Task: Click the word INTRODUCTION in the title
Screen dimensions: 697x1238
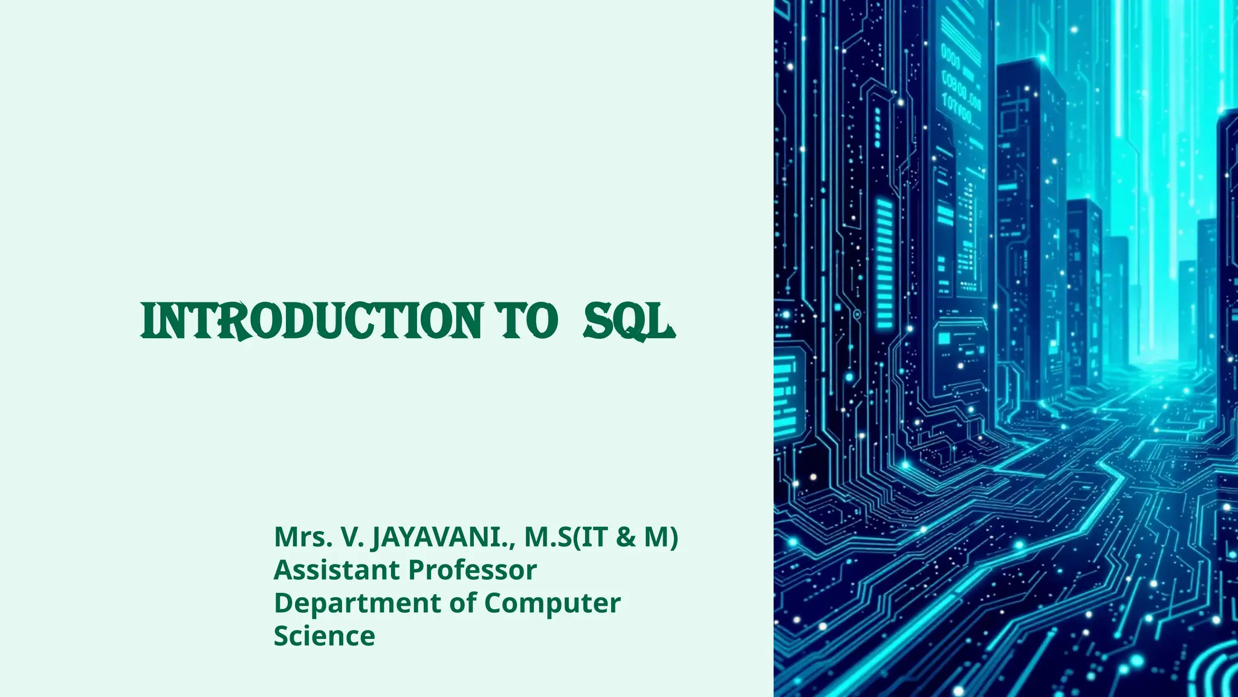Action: point(311,321)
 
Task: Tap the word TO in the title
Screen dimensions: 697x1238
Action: point(526,321)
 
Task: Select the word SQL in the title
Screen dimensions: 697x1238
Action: point(629,321)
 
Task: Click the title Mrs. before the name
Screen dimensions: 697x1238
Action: point(303,537)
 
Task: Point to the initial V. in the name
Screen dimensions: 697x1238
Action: point(352,537)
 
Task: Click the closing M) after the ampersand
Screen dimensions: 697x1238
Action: point(660,537)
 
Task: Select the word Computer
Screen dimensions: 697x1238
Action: point(552,603)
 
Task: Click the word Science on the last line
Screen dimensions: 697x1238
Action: point(324,636)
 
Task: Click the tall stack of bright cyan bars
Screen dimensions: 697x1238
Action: point(884,263)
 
